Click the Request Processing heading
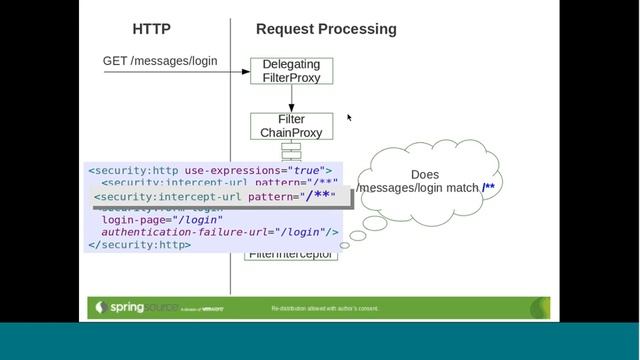pyautogui.click(x=326, y=29)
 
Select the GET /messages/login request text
pyautogui.click(x=160, y=61)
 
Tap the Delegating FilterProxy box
pyautogui.click(x=291, y=70)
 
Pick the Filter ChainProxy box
pyautogui.click(x=291, y=126)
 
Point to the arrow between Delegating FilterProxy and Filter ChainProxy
pyautogui.click(x=291, y=98)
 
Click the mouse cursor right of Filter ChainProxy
pyautogui.click(x=349, y=117)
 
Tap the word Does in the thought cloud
pyautogui.click(x=425, y=174)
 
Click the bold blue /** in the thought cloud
pyautogui.click(x=488, y=188)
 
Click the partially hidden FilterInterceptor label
pyautogui.click(x=291, y=255)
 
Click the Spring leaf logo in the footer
pyautogui.click(x=99, y=307)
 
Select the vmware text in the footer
pyautogui.click(x=212, y=309)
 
